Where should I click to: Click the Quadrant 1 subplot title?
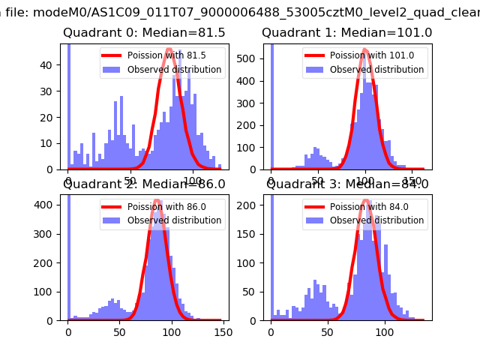coord(346,33)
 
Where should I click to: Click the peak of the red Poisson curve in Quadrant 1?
coord(365,50)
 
